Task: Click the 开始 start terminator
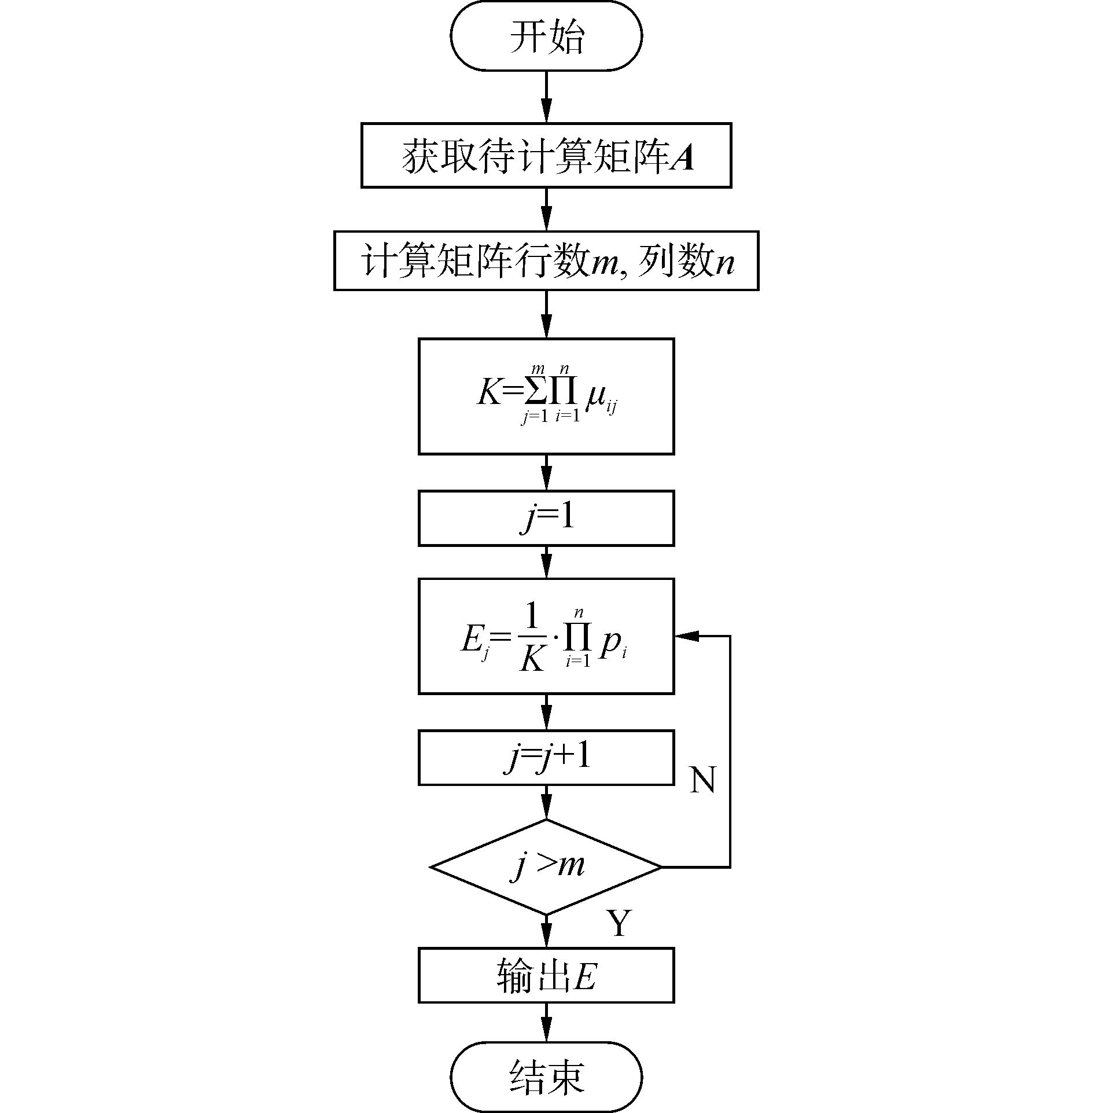coord(546,36)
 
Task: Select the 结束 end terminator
coord(546,1076)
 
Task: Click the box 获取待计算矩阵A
coord(546,155)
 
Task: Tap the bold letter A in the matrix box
coord(683,157)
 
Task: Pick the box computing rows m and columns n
coord(546,261)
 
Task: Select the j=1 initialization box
coord(546,518)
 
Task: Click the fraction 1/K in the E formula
coord(531,637)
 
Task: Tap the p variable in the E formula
coord(609,644)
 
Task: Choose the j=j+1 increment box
coord(546,758)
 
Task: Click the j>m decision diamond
coord(546,867)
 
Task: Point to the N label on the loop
coord(703,780)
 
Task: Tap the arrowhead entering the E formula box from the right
coord(686,636)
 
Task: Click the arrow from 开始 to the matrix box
coord(546,97)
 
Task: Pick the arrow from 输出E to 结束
coord(546,1024)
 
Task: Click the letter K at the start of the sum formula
coord(488,394)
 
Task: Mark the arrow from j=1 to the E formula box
coord(546,562)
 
